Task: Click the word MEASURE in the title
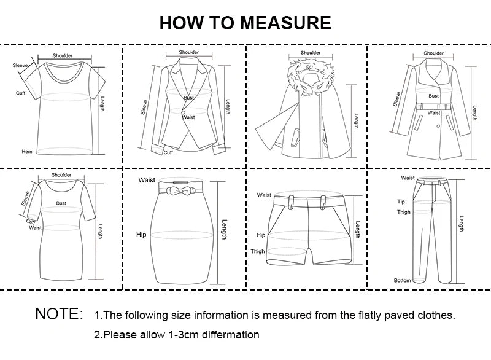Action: coord(285,23)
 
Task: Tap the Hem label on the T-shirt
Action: coord(27,151)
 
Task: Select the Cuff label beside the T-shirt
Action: coord(20,93)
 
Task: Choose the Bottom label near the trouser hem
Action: coord(402,280)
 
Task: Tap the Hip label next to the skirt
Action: coord(141,235)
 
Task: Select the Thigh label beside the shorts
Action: coord(258,251)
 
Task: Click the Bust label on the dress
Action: coord(61,202)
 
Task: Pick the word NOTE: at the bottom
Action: coord(59,315)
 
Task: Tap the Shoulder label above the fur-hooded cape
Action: coord(311,53)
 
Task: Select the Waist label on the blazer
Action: coord(188,117)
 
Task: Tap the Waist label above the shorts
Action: coord(264,195)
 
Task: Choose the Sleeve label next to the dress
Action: coord(26,198)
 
